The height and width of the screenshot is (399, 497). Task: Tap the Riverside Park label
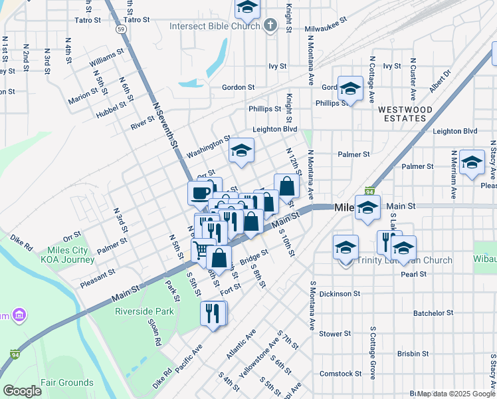pyautogui.click(x=144, y=311)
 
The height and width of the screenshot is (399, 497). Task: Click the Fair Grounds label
pyautogui.click(x=66, y=382)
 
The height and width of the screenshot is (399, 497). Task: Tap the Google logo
pyautogui.click(x=22, y=391)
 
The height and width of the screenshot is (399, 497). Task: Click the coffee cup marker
pyautogui.click(x=199, y=193)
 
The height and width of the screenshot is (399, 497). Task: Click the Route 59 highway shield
pyautogui.click(x=120, y=29)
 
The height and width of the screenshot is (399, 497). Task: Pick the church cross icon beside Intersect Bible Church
pyautogui.click(x=270, y=27)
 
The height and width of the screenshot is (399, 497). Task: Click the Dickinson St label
pyautogui.click(x=340, y=293)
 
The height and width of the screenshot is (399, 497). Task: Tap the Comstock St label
pyautogui.click(x=340, y=374)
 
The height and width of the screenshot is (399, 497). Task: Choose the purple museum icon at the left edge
pyautogui.click(x=19, y=314)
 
